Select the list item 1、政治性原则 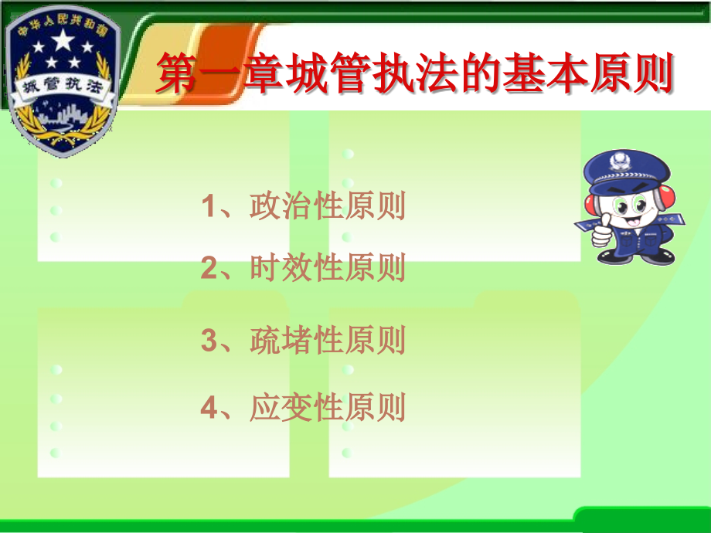[303, 207]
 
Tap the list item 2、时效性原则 [303, 268]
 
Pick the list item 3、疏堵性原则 [303, 341]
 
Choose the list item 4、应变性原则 [303, 408]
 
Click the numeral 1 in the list [208, 207]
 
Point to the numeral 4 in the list [209, 409]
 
